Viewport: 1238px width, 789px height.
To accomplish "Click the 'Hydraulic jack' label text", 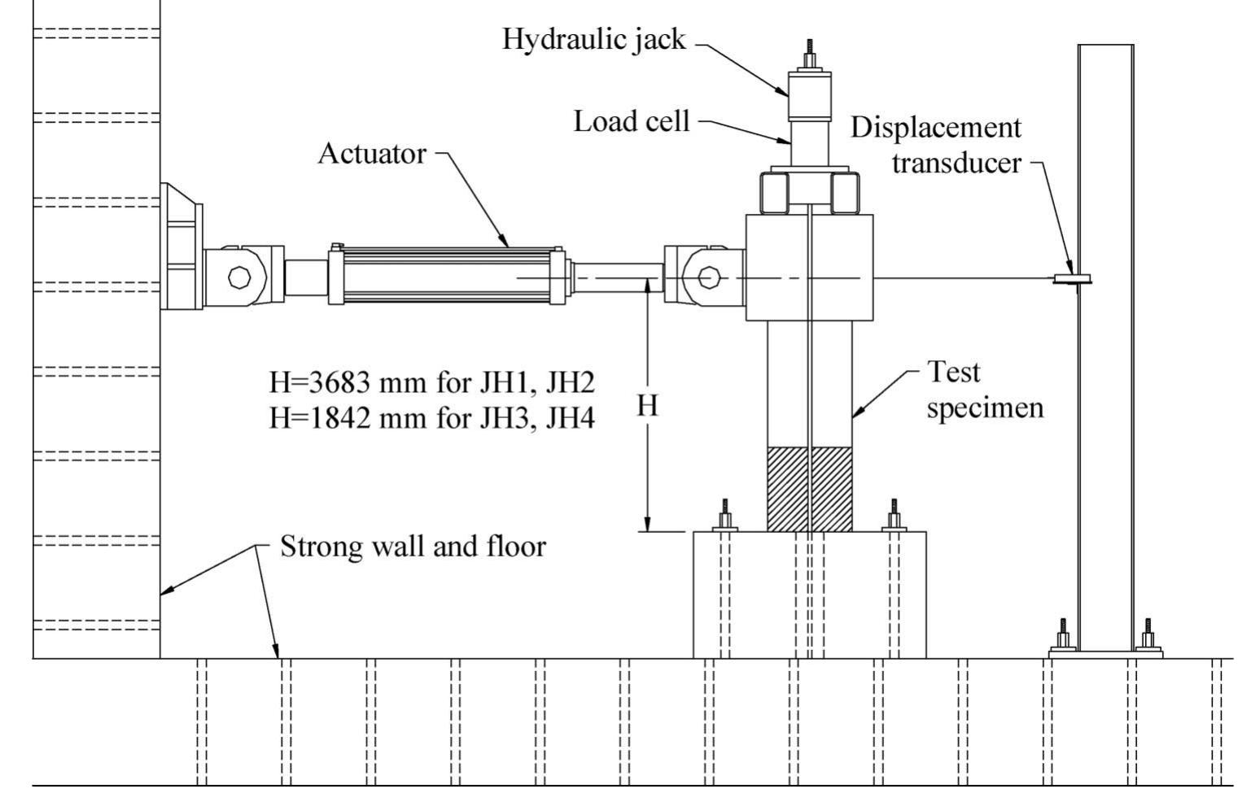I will (x=593, y=39).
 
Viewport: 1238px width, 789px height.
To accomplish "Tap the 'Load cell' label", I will (x=631, y=121).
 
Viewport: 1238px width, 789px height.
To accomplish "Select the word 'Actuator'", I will (x=371, y=153).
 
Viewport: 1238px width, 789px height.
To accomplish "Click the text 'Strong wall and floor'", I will (x=413, y=546).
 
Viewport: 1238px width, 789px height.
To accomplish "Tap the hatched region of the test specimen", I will (x=810, y=488).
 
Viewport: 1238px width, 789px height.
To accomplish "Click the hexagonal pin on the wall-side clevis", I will (x=239, y=277).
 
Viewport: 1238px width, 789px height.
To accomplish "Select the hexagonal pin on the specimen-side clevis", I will (x=708, y=278).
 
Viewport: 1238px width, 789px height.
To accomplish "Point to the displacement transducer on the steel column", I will (x=1072, y=279).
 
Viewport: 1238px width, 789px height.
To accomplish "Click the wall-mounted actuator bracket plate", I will (x=181, y=246).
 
